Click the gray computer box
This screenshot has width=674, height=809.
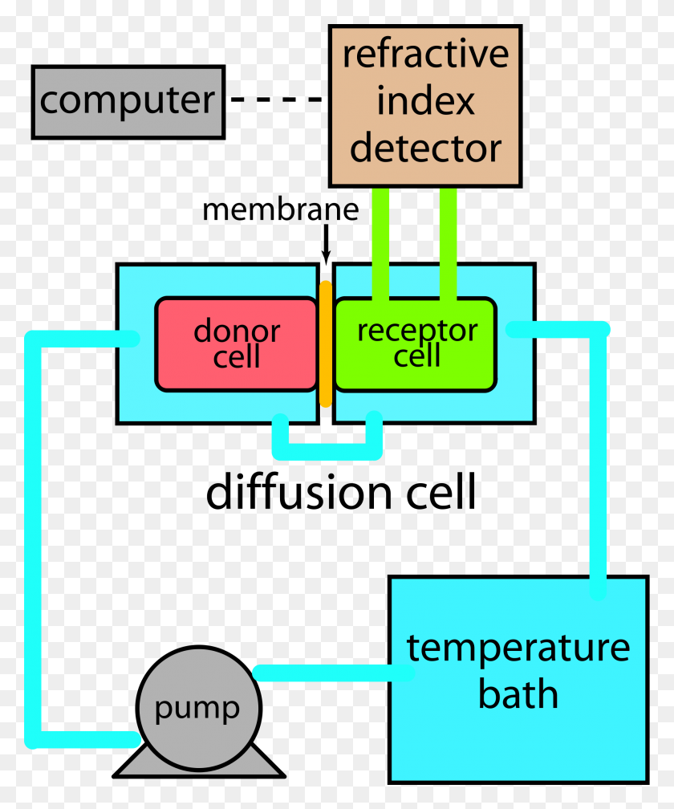click(x=128, y=102)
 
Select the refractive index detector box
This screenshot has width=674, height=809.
click(x=425, y=106)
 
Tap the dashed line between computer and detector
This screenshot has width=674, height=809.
click(x=277, y=99)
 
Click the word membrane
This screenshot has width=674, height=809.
click(x=281, y=210)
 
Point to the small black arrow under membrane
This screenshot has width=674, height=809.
click(x=326, y=243)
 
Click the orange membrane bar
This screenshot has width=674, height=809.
click(x=326, y=344)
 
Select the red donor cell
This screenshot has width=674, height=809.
click(x=236, y=344)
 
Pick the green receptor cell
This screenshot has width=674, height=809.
click(x=416, y=344)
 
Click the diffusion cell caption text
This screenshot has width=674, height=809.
click(x=341, y=493)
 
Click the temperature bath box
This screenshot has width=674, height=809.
click(x=518, y=679)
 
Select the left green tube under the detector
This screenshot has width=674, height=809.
click(x=380, y=244)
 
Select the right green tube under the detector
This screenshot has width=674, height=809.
click(x=449, y=244)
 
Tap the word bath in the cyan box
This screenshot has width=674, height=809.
click(x=518, y=694)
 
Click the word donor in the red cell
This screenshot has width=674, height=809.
click(x=237, y=331)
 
